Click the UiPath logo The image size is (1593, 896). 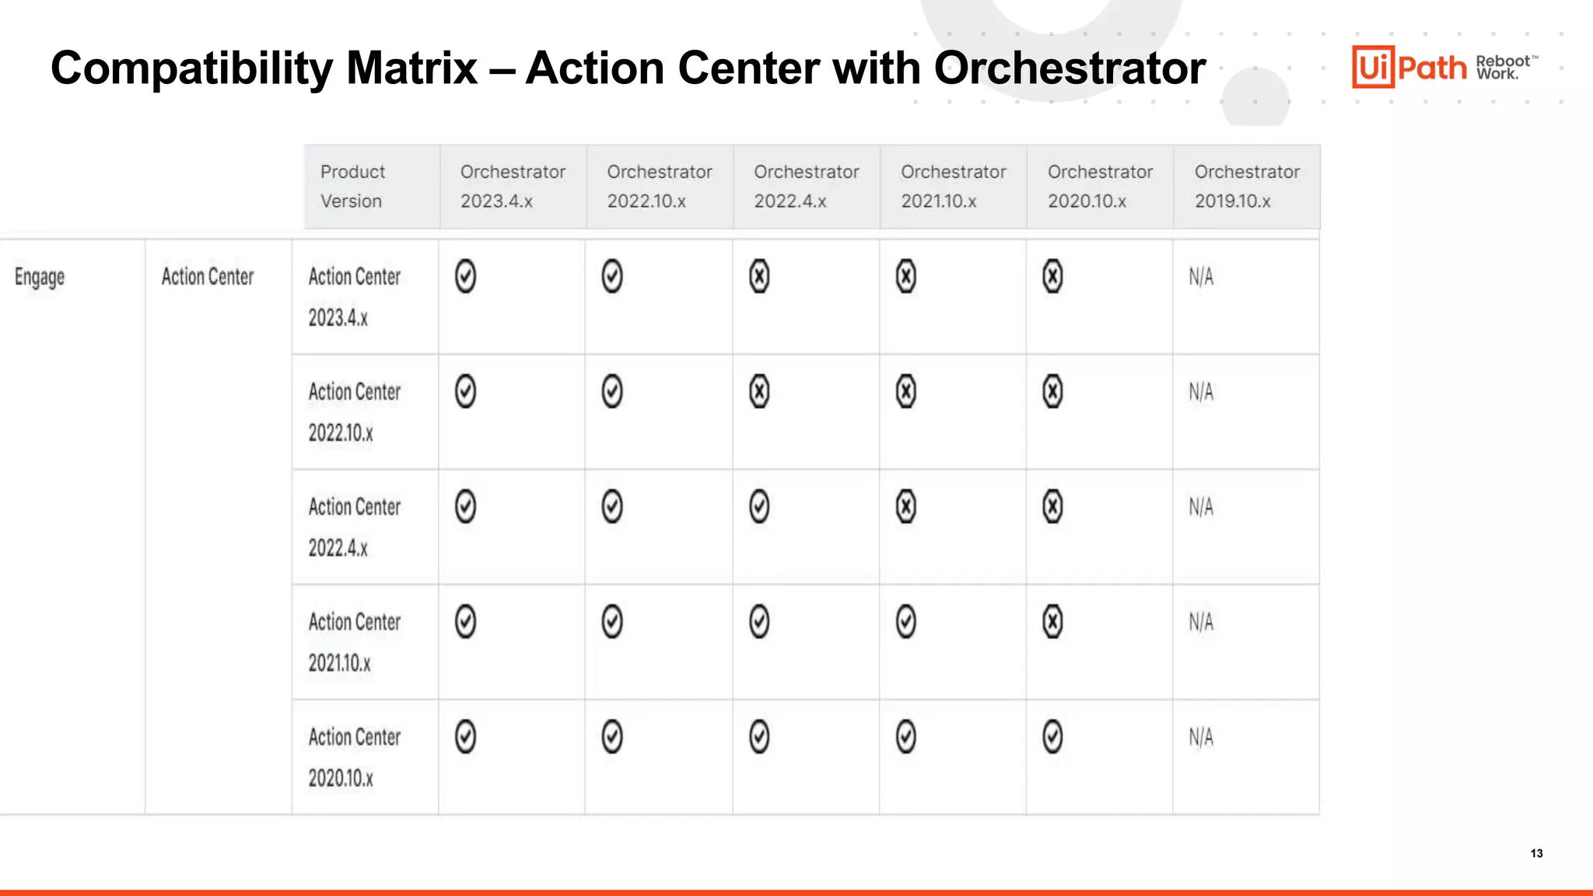(1409, 67)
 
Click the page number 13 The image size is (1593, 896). (1536, 853)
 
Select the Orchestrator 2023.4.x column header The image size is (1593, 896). (513, 187)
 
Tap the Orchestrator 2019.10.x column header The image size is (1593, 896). (1247, 187)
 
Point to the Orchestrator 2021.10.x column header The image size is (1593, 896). (953, 187)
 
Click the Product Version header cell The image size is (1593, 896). (352, 187)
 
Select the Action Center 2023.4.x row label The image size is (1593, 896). (354, 296)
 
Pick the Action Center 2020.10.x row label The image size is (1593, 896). (354, 757)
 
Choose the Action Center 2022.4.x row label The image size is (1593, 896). (354, 527)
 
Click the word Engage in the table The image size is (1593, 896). (40, 277)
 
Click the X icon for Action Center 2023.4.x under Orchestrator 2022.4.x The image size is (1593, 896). (759, 277)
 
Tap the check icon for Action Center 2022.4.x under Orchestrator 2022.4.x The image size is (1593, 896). (759, 507)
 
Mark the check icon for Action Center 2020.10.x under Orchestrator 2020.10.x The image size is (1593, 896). (1052, 737)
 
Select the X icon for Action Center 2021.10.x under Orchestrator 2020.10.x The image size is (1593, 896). (1052, 622)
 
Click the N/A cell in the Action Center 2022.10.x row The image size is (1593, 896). (1201, 392)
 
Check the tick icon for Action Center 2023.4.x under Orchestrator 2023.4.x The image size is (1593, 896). (465, 277)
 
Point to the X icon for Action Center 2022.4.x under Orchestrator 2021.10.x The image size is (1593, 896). (906, 507)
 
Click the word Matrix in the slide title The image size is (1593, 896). (411, 68)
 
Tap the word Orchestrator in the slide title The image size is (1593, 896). (1070, 68)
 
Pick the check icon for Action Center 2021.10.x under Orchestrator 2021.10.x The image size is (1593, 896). (906, 622)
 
